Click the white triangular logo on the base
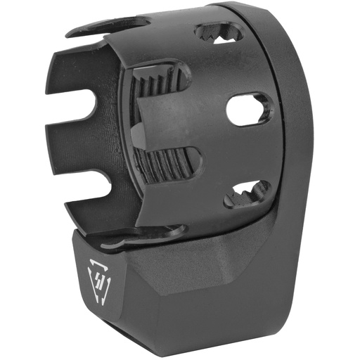(x=96, y=275)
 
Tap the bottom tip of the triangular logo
(x=99, y=288)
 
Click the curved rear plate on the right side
(x=295, y=141)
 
